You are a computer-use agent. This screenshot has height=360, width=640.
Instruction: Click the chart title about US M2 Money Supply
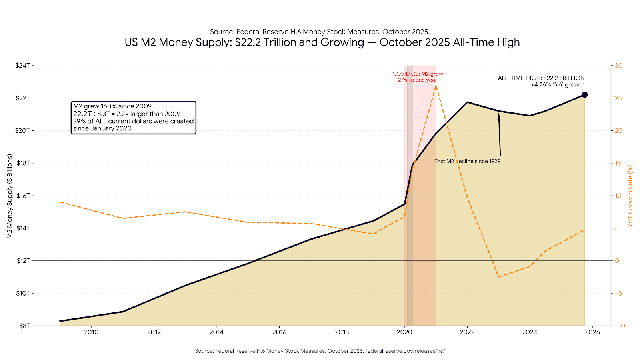322,42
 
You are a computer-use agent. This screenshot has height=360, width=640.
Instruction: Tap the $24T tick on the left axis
23,66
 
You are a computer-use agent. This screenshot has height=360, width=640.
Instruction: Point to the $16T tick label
23,196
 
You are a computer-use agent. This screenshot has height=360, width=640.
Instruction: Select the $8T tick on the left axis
24,326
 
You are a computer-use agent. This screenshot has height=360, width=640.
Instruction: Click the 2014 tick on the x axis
216,332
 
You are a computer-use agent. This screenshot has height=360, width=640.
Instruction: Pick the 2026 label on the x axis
592,332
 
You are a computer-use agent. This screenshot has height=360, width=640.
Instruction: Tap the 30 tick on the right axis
618,66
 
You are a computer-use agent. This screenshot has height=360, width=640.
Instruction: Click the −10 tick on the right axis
620,326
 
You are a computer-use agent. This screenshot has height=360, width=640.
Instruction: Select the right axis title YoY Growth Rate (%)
630,196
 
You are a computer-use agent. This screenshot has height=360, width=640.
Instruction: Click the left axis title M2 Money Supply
10,196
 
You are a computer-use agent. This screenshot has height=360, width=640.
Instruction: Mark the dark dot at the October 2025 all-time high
584,95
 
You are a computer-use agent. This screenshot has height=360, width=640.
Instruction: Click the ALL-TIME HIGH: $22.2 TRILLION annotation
541,78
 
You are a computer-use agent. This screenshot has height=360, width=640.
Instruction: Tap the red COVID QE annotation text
418,77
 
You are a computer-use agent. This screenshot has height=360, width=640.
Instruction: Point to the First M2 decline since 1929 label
467,161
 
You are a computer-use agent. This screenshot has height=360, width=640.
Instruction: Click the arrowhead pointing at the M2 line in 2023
499,116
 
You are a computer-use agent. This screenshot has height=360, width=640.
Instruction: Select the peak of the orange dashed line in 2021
436,86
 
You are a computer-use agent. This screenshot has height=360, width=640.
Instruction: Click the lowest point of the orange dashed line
498,277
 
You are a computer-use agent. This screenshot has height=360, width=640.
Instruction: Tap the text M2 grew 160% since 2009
112,106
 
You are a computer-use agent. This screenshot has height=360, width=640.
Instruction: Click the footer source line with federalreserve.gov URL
320,351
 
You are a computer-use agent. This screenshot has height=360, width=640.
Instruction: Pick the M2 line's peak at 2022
467,102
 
